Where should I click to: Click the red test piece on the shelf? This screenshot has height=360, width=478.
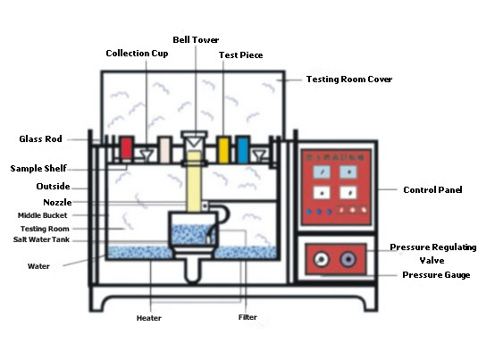point(126,149)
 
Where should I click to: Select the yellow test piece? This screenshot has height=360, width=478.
point(223,149)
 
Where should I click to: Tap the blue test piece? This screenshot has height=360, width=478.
point(242,149)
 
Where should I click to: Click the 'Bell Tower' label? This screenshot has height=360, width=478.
point(196,39)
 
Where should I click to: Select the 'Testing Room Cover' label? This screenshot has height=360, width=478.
point(349,80)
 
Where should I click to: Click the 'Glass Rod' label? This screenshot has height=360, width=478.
point(40,139)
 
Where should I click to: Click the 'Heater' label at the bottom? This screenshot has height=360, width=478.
point(149,318)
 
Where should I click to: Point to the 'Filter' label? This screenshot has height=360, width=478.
point(247,318)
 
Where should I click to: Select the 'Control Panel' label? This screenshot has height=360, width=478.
point(432,190)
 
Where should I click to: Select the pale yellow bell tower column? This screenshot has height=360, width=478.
point(191,179)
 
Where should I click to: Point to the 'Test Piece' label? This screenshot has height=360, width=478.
point(240,55)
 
